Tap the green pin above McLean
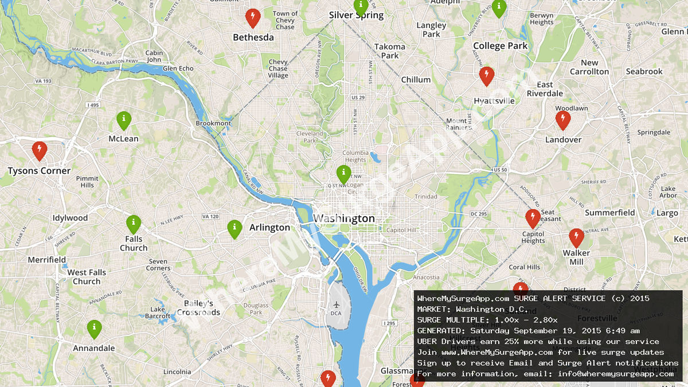[124, 119]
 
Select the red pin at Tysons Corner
[40, 150]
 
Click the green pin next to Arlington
[234, 228]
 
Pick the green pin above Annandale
[95, 328]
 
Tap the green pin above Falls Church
[134, 223]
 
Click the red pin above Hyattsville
[487, 75]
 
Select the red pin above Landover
[563, 119]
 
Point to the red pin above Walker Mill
[576, 237]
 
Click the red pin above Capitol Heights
[533, 218]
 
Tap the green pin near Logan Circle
[343, 173]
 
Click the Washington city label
[344, 218]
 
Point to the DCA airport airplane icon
[335, 303]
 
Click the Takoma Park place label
[390, 51]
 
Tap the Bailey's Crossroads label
[198, 308]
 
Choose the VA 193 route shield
[43, 81]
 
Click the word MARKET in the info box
[433, 309]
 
